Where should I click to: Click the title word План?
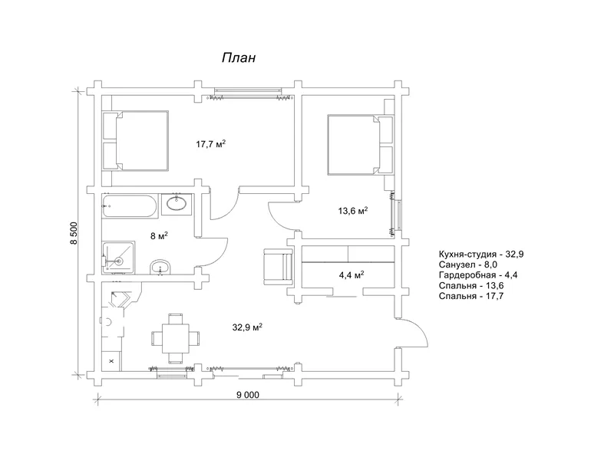(x=239, y=58)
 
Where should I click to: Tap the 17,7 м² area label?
(x=210, y=144)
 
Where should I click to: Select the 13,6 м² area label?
(x=353, y=211)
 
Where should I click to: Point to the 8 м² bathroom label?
(x=159, y=236)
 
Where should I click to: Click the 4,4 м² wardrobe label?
(x=352, y=275)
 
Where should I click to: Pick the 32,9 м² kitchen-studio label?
(x=247, y=327)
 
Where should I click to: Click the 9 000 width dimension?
(x=247, y=395)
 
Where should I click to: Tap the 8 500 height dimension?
(x=74, y=234)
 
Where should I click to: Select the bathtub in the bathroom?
(x=130, y=206)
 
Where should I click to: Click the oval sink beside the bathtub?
(x=177, y=203)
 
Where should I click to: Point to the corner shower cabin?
(x=119, y=258)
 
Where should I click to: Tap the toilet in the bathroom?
(x=160, y=267)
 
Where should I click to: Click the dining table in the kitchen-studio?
(x=175, y=338)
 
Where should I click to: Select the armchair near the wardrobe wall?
(x=278, y=267)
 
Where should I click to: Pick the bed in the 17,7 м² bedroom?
(x=136, y=141)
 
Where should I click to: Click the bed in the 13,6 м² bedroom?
(x=360, y=144)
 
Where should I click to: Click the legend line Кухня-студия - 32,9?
(x=481, y=255)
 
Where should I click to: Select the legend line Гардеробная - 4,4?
(x=478, y=275)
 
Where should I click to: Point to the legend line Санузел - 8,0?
(x=468, y=264)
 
